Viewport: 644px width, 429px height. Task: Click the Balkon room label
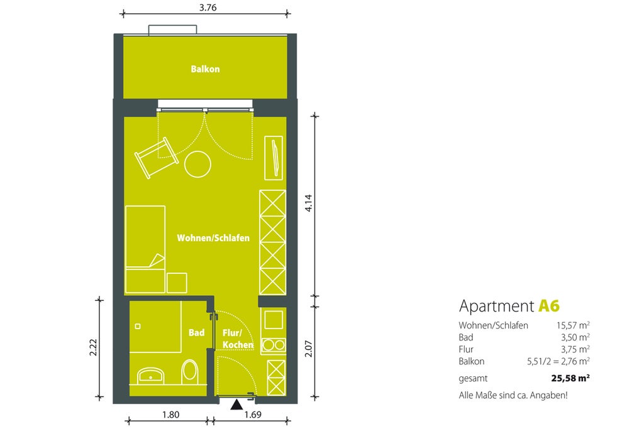coord(205,69)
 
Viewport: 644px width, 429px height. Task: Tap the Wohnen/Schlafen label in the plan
coord(213,238)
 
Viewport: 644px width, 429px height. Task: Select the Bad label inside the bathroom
coord(196,333)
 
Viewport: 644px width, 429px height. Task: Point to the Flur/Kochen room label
coord(238,339)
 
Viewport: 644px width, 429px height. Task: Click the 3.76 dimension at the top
coord(208,8)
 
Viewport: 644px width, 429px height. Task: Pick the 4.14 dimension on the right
coord(308,203)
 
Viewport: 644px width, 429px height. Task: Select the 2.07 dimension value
coord(308,349)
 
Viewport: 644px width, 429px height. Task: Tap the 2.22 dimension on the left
coord(93,347)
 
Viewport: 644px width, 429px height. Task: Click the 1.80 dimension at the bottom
coord(170,415)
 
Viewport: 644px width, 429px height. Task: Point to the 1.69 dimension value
coord(253,415)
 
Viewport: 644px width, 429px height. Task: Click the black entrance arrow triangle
coord(236,405)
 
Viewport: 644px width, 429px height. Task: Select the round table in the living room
coord(197,164)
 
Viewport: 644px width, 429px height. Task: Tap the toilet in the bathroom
coord(190,372)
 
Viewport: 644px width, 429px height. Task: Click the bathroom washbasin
coord(151,376)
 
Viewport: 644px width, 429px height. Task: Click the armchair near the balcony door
coord(157,158)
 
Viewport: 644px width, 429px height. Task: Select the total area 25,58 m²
coord(570,378)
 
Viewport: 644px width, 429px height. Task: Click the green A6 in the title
coord(549,306)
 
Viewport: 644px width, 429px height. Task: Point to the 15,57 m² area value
coord(574,325)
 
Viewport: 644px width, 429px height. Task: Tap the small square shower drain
coord(138,327)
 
